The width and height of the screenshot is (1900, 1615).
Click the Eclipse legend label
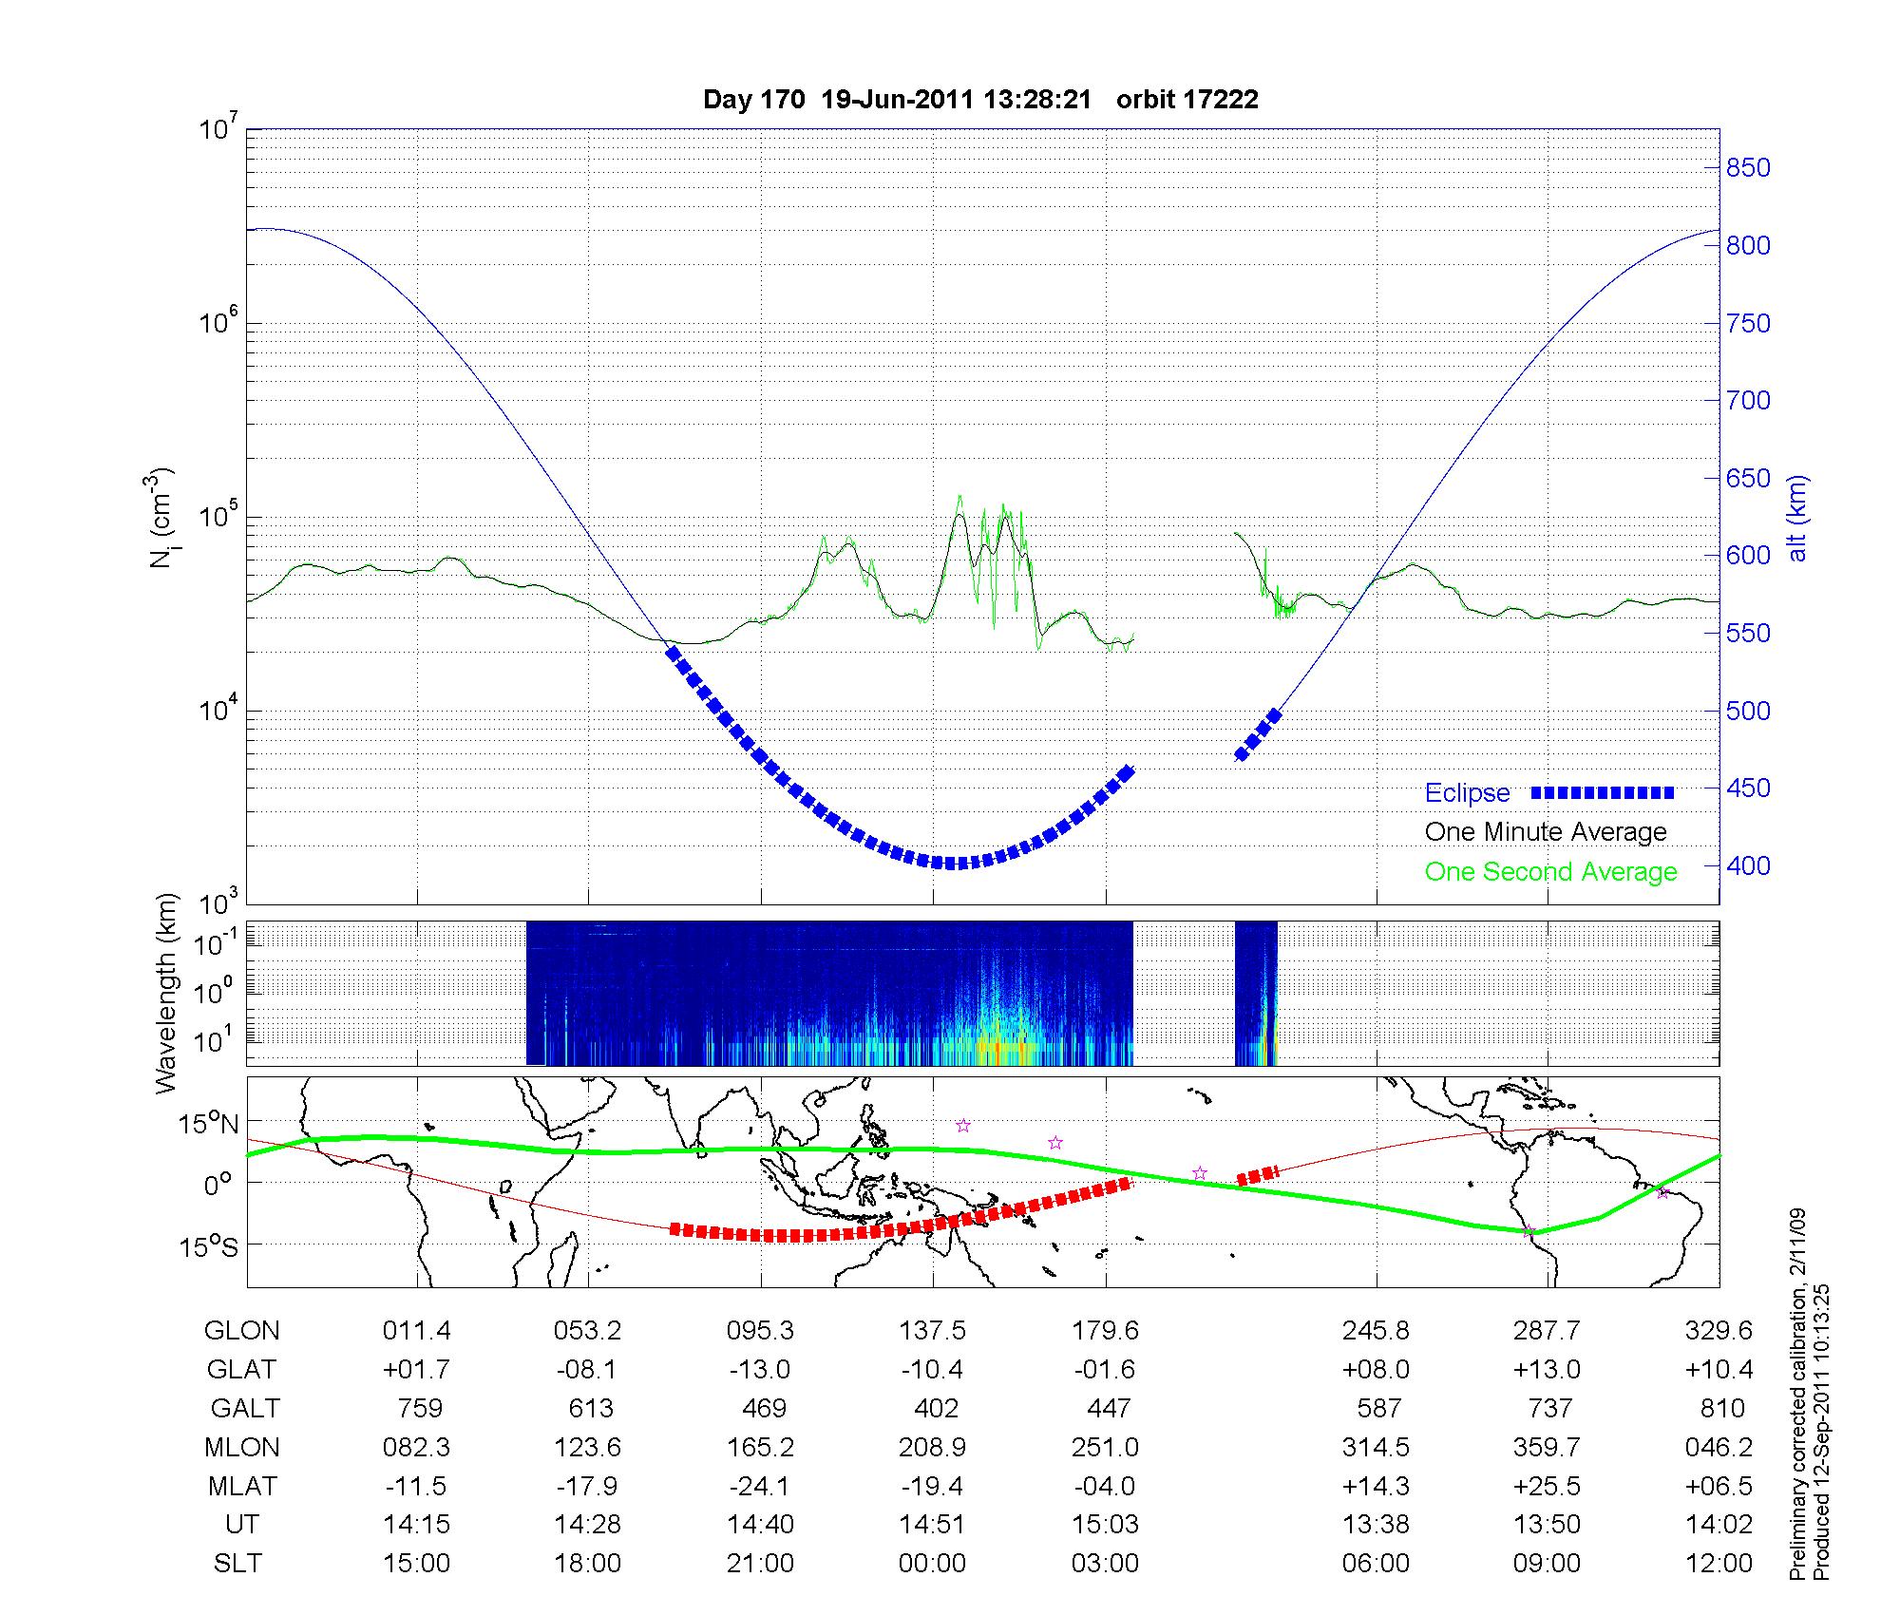click(1467, 793)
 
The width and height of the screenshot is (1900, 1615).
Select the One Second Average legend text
click(1550, 872)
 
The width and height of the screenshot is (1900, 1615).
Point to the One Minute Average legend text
click(1546, 832)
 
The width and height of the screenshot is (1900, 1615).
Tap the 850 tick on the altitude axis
click(1748, 168)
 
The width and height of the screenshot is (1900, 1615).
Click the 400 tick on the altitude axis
click(1748, 866)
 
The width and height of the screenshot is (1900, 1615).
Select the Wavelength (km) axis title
click(166, 994)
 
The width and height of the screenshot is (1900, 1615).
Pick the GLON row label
click(241, 1331)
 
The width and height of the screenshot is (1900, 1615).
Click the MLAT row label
click(241, 1486)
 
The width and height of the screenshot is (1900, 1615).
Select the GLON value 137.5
click(932, 1331)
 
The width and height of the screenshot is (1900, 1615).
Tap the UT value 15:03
click(1105, 1525)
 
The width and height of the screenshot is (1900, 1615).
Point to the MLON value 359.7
click(1547, 1448)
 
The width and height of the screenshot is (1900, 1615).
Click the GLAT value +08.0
click(1376, 1370)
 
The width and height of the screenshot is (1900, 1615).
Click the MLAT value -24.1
click(760, 1486)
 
